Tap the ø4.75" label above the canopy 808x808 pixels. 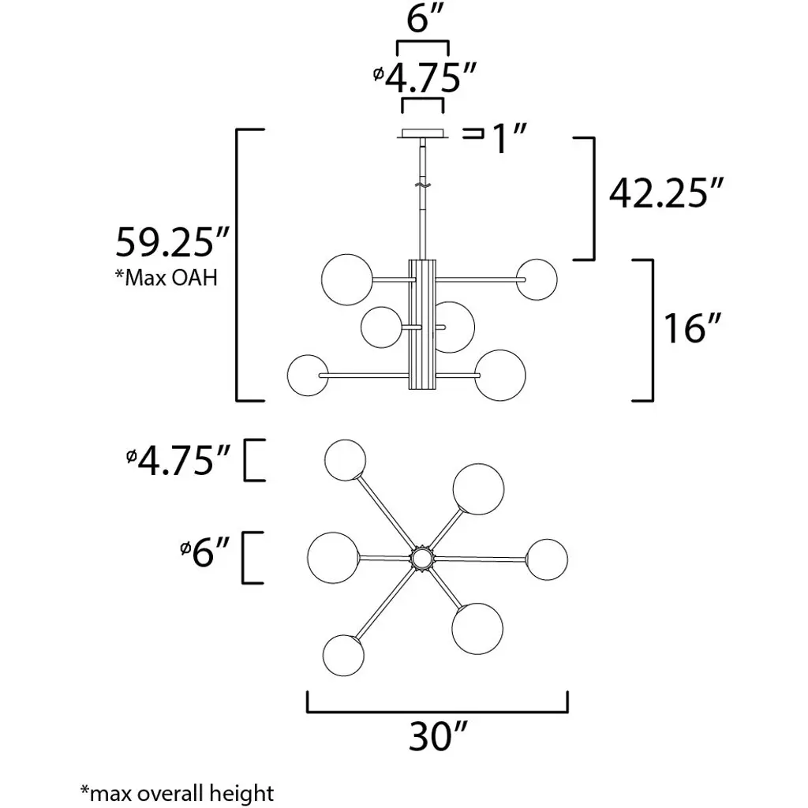click(x=424, y=77)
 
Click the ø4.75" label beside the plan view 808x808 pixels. click(x=178, y=460)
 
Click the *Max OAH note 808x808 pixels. click(x=166, y=277)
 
